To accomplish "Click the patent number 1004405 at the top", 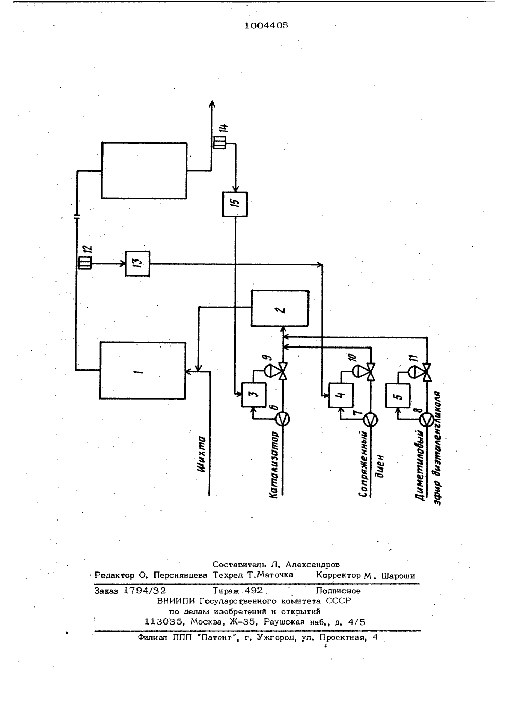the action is click(x=266, y=25).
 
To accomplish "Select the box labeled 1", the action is click(x=143, y=371).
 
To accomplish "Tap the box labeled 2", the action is click(x=280, y=308).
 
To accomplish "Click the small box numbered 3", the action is click(x=253, y=394).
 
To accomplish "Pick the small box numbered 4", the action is click(x=341, y=395).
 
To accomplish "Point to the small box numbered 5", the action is click(x=398, y=395).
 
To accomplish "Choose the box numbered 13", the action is click(x=138, y=264).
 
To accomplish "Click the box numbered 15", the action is click(x=235, y=204).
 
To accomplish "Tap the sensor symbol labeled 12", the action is click(x=85, y=263).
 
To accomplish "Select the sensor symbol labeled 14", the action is click(x=219, y=142).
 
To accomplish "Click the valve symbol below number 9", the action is click(x=283, y=371).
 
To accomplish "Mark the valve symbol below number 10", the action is click(x=371, y=372).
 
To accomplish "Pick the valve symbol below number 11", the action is click(x=427, y=372).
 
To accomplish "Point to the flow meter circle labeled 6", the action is click(x=283, y=419).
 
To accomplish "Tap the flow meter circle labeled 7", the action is click(x=371, y=420).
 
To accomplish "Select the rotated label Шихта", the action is click(x=202, y=454).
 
